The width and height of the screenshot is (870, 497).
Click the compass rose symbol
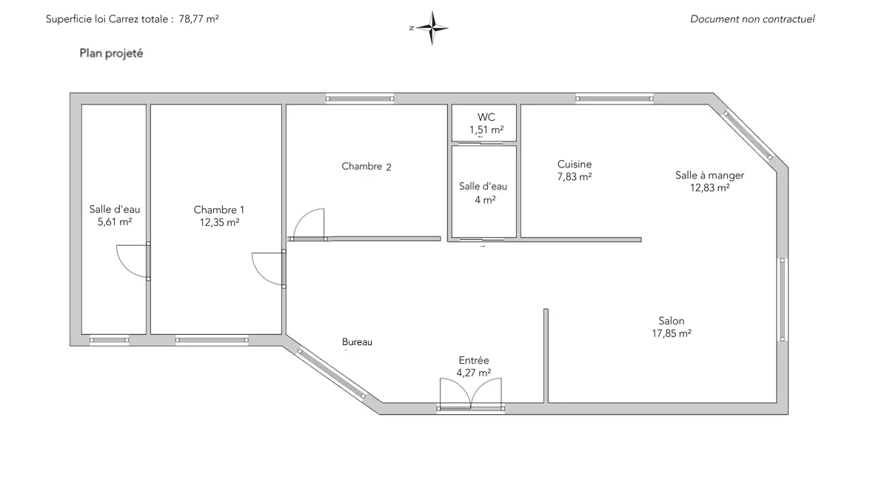pyautogui.click(x=432, y=27)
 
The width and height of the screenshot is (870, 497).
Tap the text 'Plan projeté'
pyautogui.click(x=112, y=53)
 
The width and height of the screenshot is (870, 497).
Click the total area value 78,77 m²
pyautogui.click(x=198, y=19)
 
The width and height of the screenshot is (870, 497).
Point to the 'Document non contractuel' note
pyautogui.click(x=752, y=19)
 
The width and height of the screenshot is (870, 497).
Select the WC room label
pyautogui.click(x=486, y=117)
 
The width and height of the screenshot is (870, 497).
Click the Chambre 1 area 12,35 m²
pyautogui.click(x=220, y=223)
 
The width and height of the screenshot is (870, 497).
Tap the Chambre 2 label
pyautogui.click(x=367, y=166)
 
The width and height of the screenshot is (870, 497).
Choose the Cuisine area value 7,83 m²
pyautogui.click(x=575, y=177)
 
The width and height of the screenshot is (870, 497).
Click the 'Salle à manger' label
pyautogui.click(x=709, y=176)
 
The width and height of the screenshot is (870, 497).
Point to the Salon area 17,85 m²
pyautogui.click(x=672, y=334)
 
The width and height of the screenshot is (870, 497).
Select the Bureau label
pyautogui.click(x=357, y=342)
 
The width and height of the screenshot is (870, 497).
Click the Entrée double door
pyautogui.click(x=470, y=394)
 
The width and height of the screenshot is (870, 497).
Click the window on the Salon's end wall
pyautogui.click(x=783, y=299)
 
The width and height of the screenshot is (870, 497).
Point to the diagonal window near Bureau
pyautogui.click(x=332, y=373)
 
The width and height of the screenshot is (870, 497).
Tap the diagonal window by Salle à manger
pyautogui.click(x=747, y=135)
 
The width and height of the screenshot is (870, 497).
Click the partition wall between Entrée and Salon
pyautogui.click(x=546, y=356)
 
